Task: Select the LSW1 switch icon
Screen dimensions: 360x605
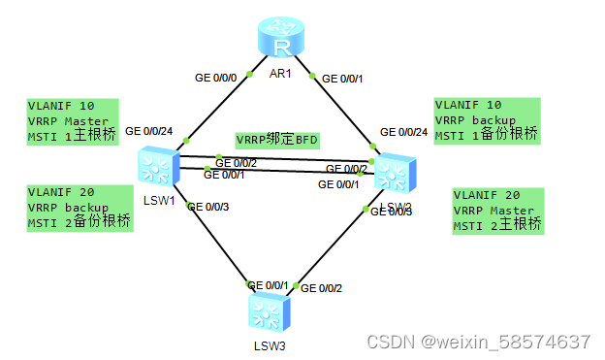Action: tap(156, 166)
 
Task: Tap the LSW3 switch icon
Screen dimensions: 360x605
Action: tap(264, 312)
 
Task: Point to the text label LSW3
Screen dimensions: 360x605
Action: tap(270, 344)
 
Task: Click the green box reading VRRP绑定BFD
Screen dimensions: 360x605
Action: tap(277, 140)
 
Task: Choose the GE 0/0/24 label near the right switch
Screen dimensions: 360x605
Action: tap(403, 132)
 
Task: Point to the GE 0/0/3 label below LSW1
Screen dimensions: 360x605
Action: tap(208, 206)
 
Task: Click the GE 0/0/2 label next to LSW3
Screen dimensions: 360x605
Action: tap(322, 288)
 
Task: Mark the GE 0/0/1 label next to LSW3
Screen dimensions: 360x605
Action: tap(268, 284)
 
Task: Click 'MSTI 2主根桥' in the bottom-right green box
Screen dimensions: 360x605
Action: tap(496, 226)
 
